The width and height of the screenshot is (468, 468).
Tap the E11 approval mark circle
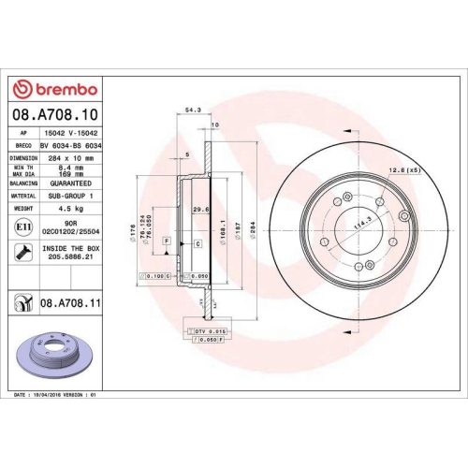(x=22, y=227)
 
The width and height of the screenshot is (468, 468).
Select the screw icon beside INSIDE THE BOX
(x=22, y=251)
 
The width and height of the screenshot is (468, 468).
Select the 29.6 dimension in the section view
(x=197, y=210)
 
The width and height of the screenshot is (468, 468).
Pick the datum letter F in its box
(x=167, y=241)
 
